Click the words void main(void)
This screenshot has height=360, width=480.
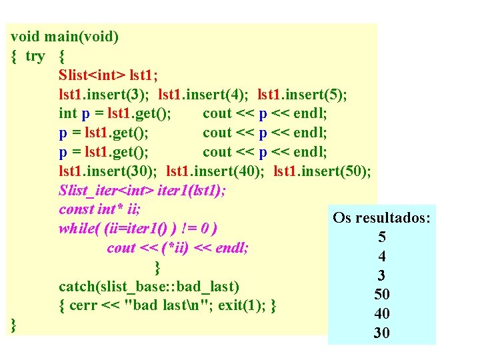pos(65,36)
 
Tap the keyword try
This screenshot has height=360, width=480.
pos(35,55)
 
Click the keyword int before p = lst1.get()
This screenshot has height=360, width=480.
pos(67,113)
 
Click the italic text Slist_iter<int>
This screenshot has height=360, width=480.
pos(107,190)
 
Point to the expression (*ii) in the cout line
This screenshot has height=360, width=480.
pos(174,248)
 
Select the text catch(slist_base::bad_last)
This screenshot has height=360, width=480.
pos(149,287)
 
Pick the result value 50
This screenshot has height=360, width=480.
pos(382,295)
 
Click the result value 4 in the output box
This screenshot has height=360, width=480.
pos(382,256)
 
